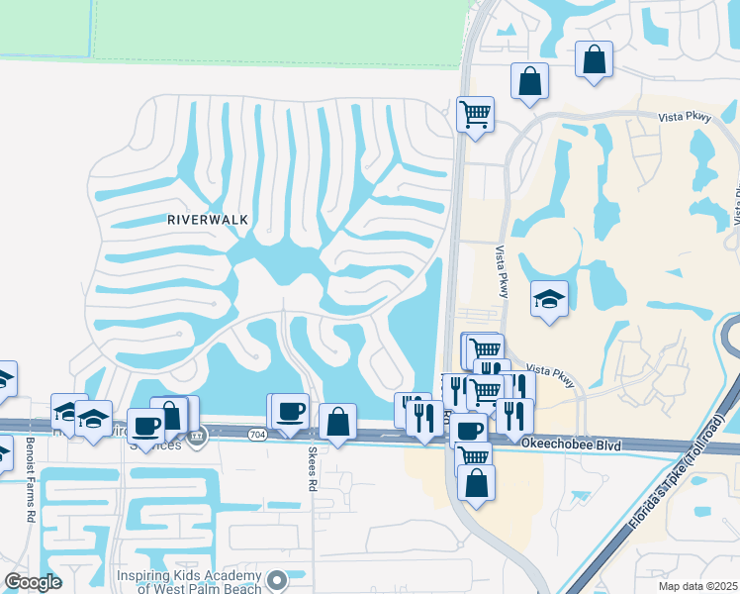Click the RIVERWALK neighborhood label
207,219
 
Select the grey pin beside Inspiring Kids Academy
279,579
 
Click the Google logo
33,582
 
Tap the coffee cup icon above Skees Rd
290,412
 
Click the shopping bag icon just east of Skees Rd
337,421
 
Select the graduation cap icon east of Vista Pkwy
549,299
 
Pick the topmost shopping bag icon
595,59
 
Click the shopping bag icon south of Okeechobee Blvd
476,483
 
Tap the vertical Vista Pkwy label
500,271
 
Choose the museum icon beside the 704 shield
196,436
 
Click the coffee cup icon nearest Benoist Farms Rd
145,426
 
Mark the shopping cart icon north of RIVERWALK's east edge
475,114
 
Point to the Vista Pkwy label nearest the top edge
685,117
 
